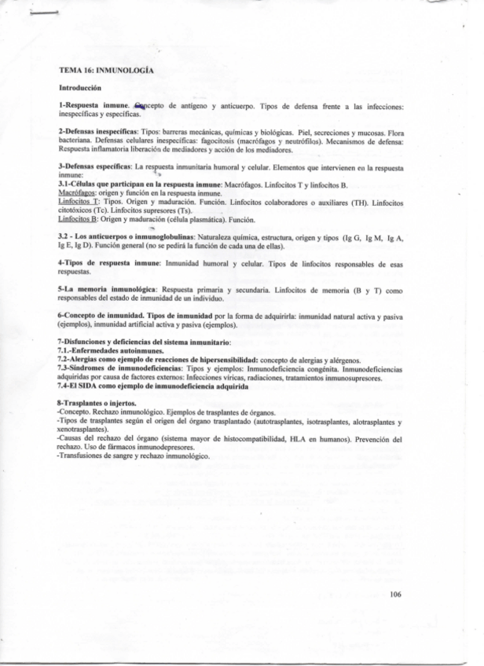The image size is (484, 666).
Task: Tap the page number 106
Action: click(x=395, y=595)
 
